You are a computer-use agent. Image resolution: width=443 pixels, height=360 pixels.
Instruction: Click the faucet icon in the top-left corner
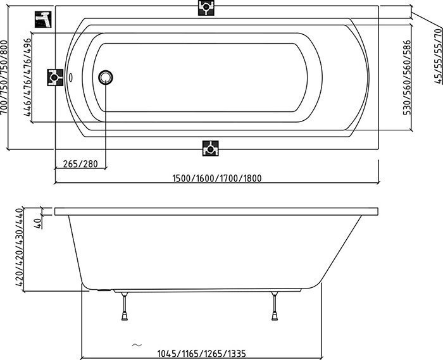tap(43, 20)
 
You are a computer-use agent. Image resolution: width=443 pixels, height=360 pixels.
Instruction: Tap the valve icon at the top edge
tap(206, 8)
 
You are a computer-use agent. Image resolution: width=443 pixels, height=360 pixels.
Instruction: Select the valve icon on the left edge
tap(55, 77)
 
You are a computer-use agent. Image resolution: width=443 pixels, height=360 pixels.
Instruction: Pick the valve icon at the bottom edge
tap(211, 148)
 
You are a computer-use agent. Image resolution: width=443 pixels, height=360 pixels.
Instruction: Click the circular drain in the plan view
tap(106, 77)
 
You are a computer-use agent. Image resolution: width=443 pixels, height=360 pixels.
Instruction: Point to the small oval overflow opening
tap(71, 77)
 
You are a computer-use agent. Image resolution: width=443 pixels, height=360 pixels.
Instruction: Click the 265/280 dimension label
tap(80, 164)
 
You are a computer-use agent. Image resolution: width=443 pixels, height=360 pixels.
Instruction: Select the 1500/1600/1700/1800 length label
tap(217, 178)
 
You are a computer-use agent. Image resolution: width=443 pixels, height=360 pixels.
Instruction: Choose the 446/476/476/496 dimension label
tap(27, 77)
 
